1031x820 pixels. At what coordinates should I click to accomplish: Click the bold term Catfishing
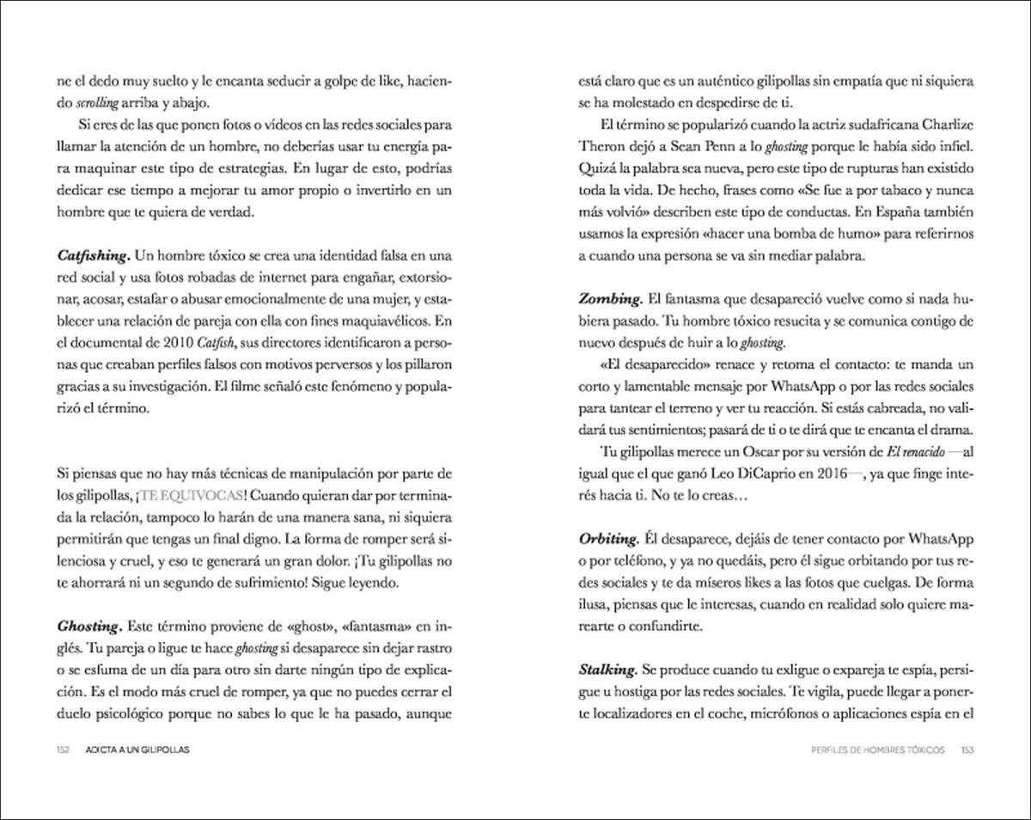tap(93, 256)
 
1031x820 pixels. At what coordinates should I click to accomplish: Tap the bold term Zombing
tap(610, 300)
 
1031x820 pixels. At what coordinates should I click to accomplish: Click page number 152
tap(63, 750)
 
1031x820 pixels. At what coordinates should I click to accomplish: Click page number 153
tap(967, 750)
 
